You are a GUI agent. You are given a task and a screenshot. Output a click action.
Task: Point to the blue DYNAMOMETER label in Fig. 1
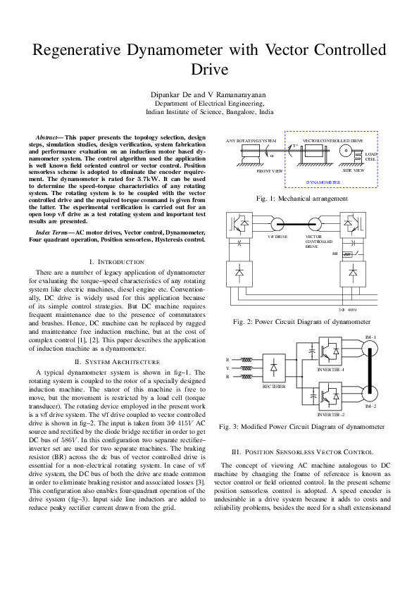[x=323, y=182]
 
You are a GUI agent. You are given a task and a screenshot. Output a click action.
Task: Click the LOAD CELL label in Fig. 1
[x=370, y=156]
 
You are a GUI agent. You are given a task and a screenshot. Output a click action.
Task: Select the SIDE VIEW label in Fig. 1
[x=353, y=170]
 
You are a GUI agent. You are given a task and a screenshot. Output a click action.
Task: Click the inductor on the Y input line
[x=246, y=368]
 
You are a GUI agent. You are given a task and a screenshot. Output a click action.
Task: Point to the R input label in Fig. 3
[x=227, y=359]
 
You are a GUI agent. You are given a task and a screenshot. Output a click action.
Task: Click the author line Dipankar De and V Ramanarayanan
[x=209, y=94]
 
